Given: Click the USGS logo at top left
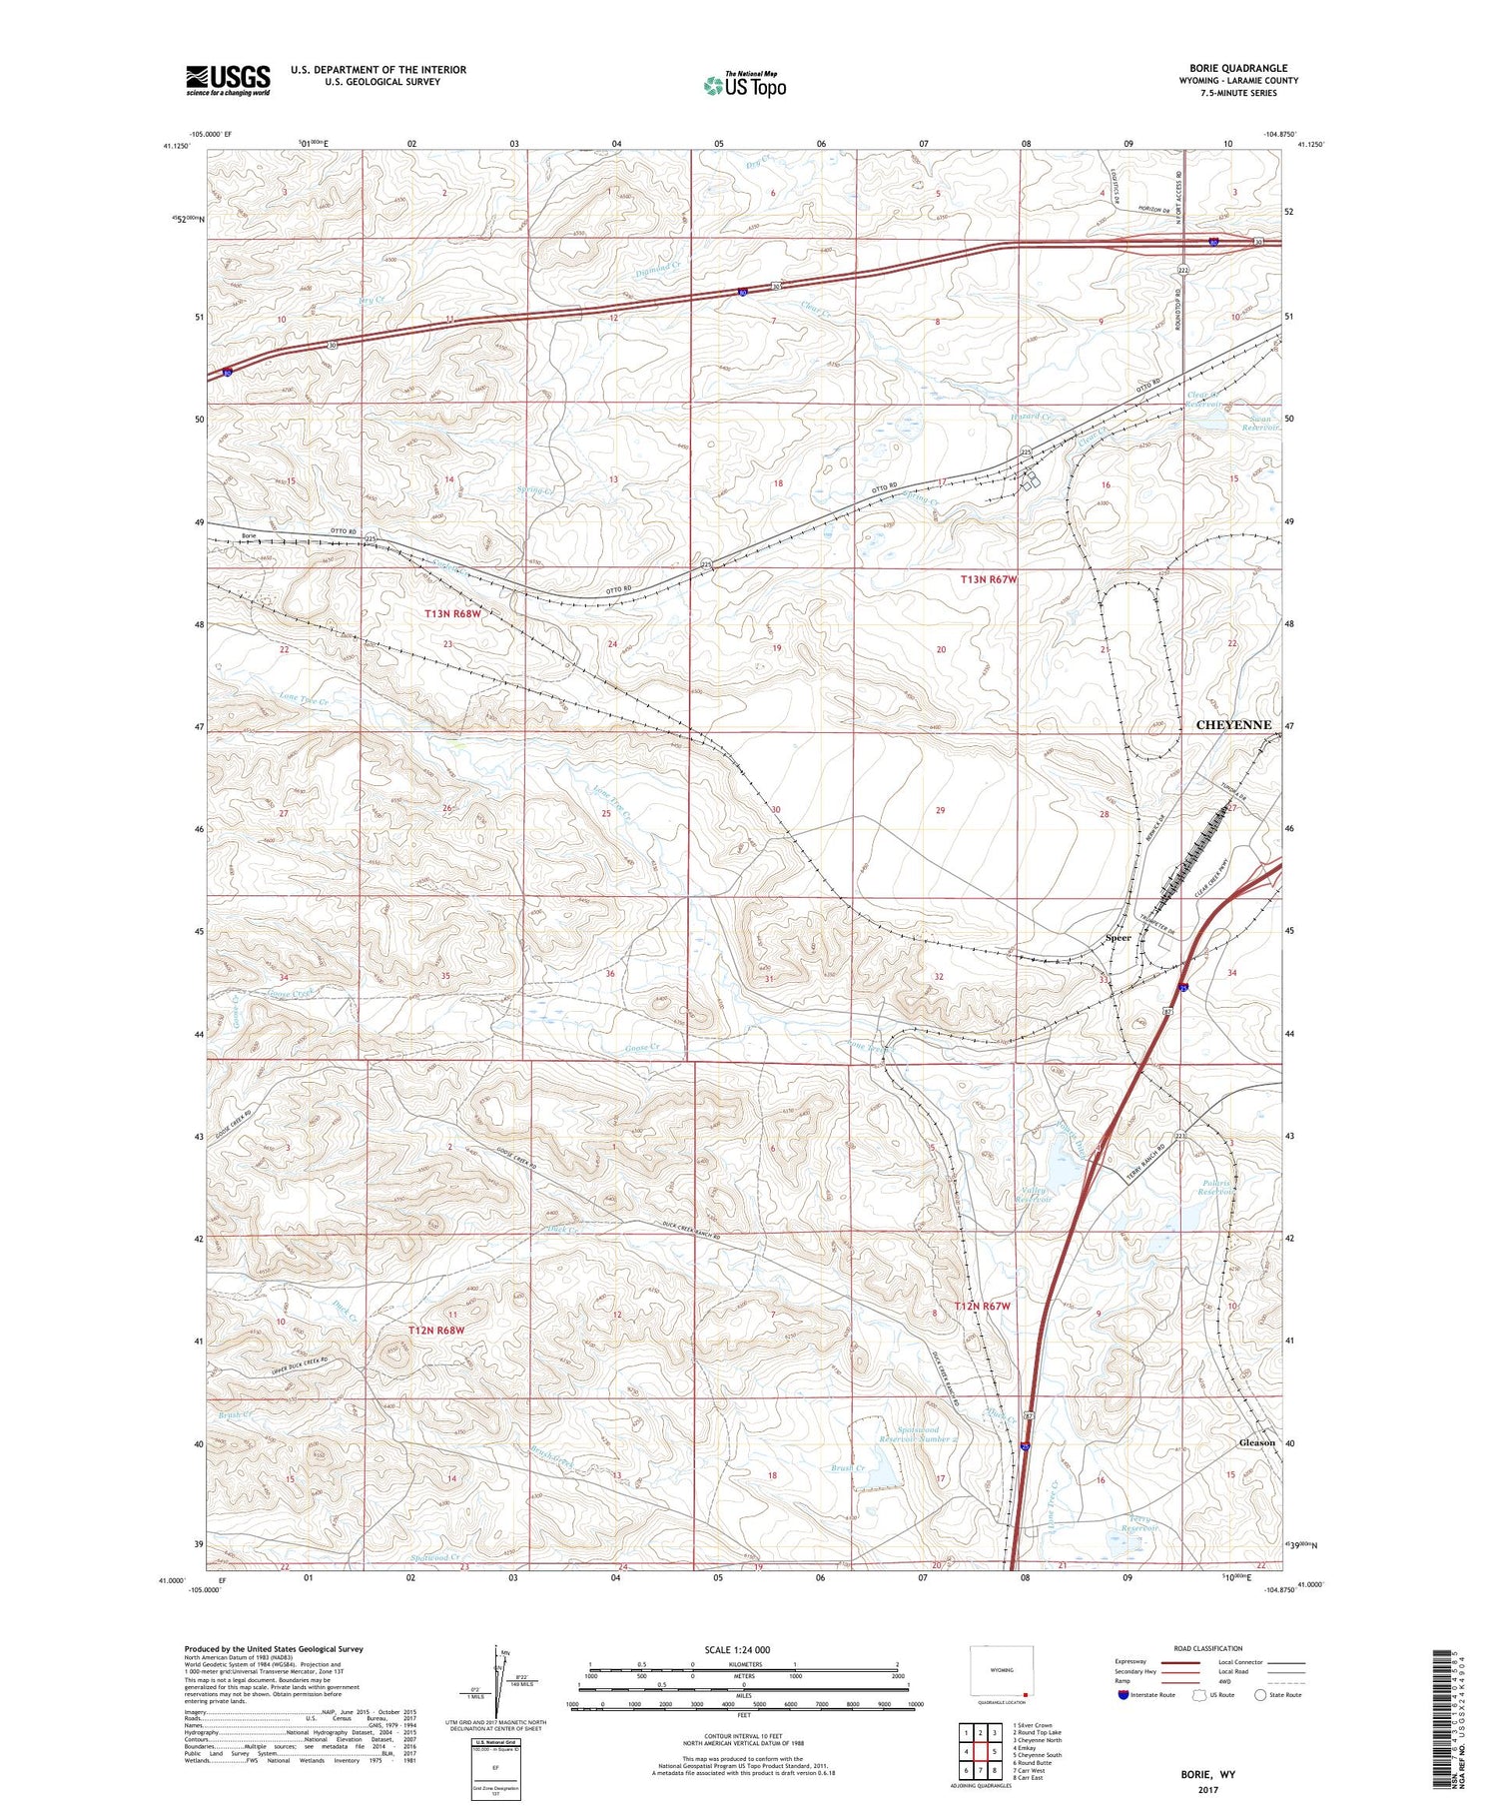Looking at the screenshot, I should point(228,80).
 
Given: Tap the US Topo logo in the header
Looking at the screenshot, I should point(745,85).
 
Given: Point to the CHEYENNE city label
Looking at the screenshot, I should point(1233,725).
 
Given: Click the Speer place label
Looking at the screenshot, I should point(1118,938).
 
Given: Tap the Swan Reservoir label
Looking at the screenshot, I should point(1259,423).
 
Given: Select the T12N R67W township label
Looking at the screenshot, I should point(982,1307).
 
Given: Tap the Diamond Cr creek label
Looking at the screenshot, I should point(657,270).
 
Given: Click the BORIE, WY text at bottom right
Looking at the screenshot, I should point(1207,1774).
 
